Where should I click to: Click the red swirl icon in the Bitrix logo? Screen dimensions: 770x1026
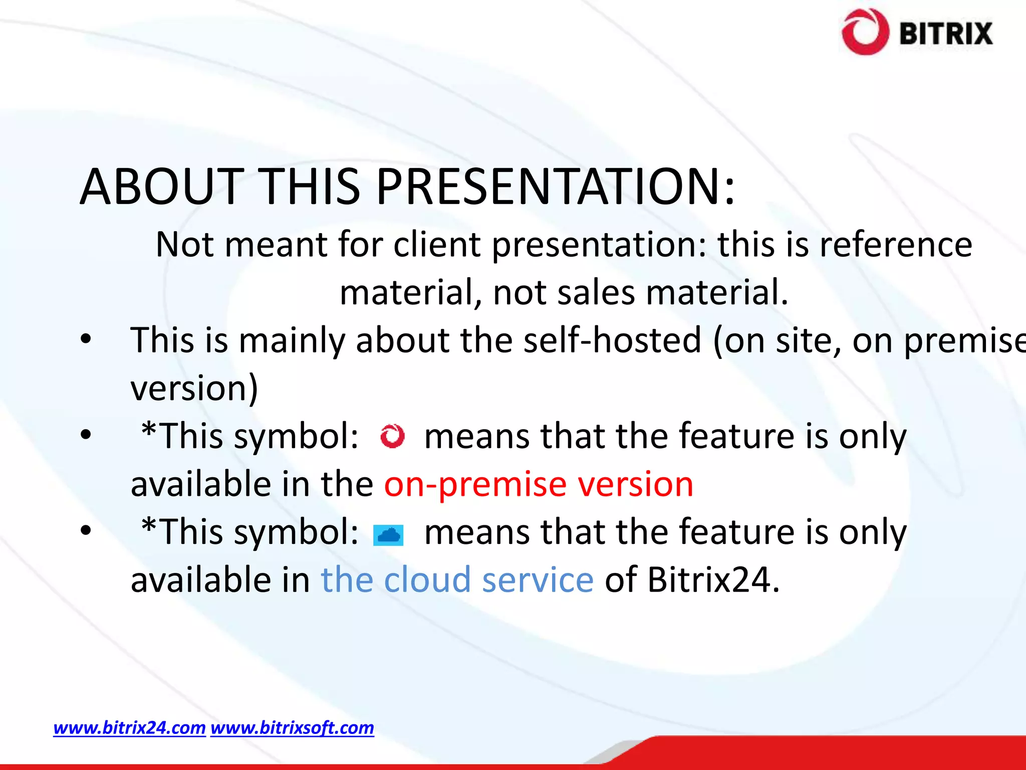click(865, 32)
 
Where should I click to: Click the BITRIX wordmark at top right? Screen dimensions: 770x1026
click(946, 34)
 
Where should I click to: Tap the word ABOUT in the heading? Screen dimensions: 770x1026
click(161, 186)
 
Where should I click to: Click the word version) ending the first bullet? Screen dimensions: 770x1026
click(194, 388)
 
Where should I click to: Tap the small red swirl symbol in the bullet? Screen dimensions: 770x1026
click(392, 436)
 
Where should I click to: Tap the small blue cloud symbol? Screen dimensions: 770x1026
click(388, 535)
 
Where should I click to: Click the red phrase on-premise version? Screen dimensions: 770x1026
click(539, 484)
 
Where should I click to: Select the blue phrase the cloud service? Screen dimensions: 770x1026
click(457, 580)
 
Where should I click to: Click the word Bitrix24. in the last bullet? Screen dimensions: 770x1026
click(713, 580)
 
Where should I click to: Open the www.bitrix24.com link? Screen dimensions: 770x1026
click(129, 727)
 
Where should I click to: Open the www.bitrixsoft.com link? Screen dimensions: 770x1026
click(292, 727)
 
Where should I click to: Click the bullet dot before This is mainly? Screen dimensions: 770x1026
click(86, 339)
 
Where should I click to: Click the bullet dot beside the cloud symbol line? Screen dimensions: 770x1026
click(86, 530)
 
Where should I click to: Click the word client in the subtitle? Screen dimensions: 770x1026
click(436, 245)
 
